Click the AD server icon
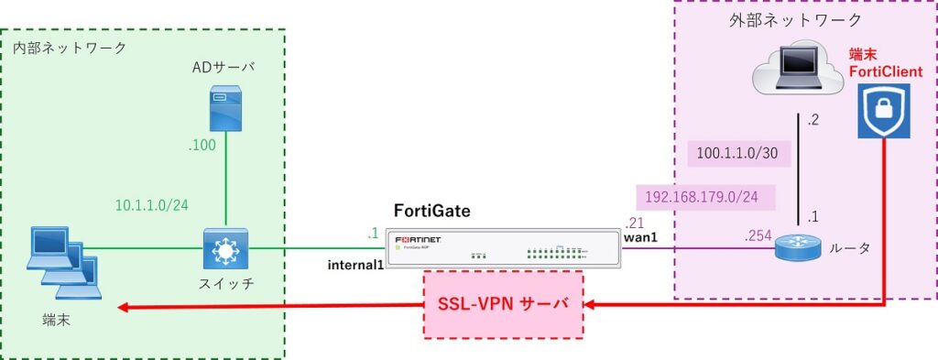(223, 109)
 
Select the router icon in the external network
(792, 247)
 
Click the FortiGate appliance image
(504, 248)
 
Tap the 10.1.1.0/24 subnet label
(152, 204)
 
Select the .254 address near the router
(758, 236)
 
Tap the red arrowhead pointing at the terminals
(125, 308)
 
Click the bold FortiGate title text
(431, 211)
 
